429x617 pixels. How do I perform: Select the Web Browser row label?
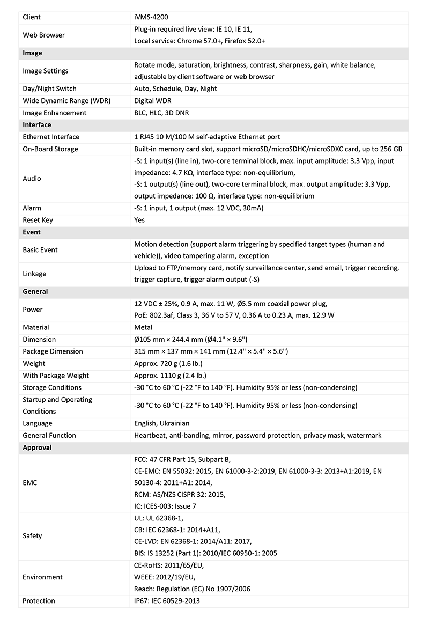43,35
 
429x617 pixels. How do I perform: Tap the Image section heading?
32,53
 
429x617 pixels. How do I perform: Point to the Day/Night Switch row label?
49,89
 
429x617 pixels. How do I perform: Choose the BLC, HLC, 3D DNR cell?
161,113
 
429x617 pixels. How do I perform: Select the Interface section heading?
36,125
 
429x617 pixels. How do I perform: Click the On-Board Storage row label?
50,149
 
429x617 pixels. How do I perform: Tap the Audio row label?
32,179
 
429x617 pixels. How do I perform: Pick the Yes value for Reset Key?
139,220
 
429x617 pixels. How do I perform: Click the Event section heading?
32,232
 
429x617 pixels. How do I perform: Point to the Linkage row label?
34,274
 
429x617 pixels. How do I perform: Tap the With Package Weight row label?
56,376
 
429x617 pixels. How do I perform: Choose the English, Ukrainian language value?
161,423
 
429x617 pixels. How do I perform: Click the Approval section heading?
37,447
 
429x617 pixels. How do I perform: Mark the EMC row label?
30,483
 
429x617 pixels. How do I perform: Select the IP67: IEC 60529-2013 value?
167,601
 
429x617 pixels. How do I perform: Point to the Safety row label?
32,536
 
